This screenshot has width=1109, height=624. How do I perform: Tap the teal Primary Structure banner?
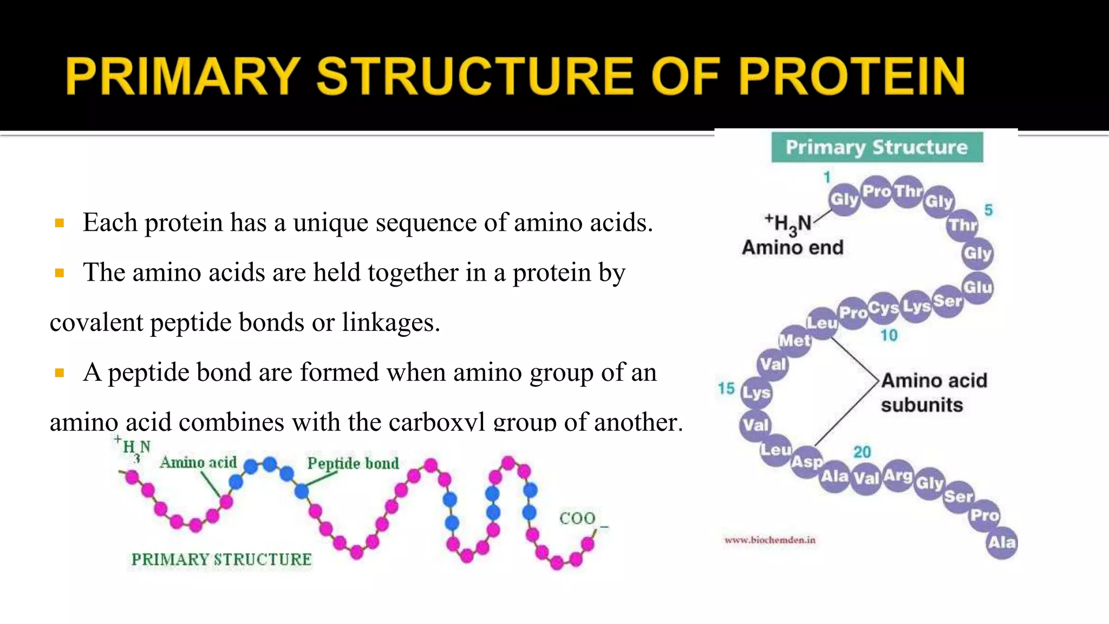(x=877, y=147)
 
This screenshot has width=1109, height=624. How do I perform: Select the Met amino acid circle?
(x=794, y=341)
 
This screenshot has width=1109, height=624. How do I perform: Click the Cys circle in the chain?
(x=883, y=308)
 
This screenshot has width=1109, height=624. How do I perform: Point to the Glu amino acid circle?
(x=977, y=287)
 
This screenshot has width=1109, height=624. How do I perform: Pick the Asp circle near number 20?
(x=807, y=462)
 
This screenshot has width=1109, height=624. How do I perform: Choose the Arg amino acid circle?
(x=898, y=476)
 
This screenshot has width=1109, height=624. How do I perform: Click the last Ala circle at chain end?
(x=1001, y=542)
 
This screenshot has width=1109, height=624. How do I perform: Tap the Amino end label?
(x=792, y=248)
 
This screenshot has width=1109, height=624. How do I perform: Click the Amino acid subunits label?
(x=933, y=392)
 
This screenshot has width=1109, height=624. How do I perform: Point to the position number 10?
(x=889, y=335)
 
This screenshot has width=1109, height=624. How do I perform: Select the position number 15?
(x=726, y=388)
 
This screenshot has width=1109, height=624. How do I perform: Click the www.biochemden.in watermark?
(x=769, y=540)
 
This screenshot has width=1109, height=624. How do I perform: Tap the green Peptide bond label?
(x=353, y=463)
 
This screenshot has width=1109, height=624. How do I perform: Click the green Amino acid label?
(x=198, y=462)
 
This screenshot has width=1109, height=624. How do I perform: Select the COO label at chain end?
(x=577, y=518)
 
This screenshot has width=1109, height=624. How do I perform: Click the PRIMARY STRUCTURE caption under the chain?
(x=221, y=560)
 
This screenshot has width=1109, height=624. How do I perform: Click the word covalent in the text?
(x=96, y=323)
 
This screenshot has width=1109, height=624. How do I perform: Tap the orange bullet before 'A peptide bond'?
(x=60, y=373)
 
